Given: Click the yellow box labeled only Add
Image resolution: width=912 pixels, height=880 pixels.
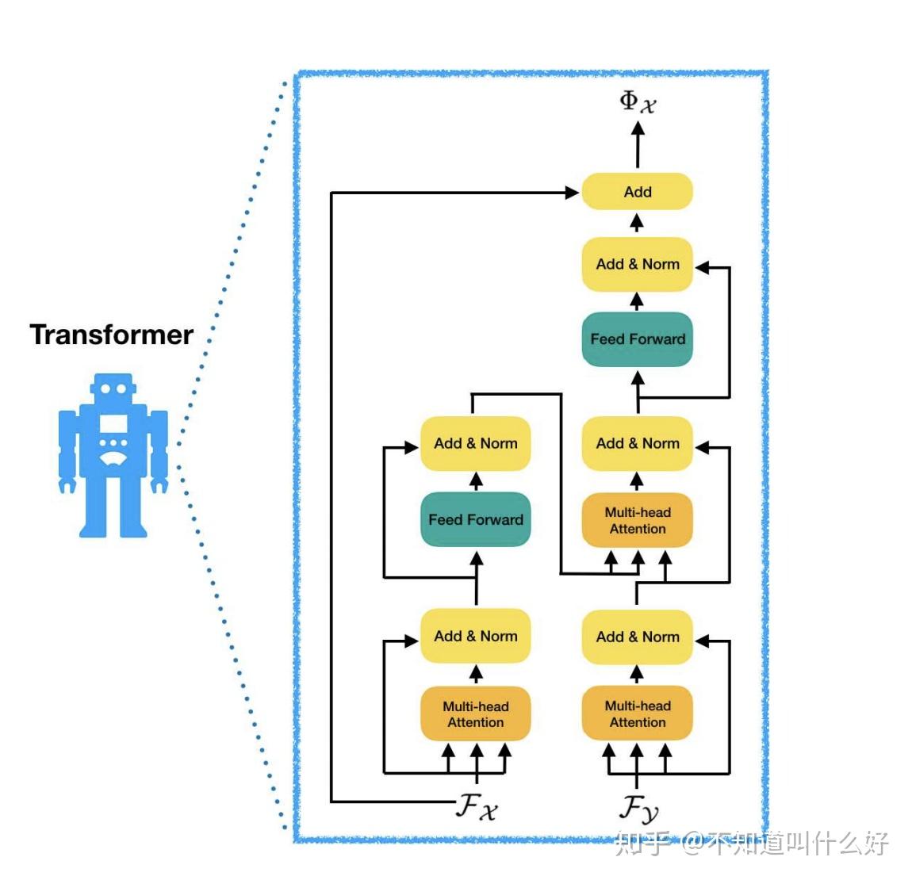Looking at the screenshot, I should [x=637, y=192].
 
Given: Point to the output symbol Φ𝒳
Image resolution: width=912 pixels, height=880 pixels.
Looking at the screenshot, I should [x=638, y=101].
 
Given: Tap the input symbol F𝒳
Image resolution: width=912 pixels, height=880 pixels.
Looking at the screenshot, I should [x=477, y=808].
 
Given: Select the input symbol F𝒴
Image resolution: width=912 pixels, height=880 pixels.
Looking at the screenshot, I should [x=638, y=809].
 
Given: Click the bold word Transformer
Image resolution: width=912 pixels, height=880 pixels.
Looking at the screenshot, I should [x=112, y=335].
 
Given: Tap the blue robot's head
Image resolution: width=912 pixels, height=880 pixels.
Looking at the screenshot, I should [x=112, y=388].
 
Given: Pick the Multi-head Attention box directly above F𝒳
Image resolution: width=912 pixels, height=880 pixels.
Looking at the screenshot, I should [x=475, y=714].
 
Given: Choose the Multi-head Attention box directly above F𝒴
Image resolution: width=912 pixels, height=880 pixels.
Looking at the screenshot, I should [x=638, y=714].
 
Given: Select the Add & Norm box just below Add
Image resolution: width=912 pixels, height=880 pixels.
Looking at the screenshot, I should [x=638, y=264].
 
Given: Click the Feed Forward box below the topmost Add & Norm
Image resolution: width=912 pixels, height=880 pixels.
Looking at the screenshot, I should [x=638, y=339].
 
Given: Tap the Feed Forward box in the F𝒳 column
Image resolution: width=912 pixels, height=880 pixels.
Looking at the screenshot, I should [x=475, y=520].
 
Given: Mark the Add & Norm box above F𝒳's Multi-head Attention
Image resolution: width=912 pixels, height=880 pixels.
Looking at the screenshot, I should [x=475, y=637].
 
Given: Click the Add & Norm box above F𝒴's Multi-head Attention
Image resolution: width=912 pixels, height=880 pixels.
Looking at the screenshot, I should [x=638, y=637].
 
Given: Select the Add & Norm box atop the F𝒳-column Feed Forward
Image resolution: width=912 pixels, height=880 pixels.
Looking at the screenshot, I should [x=475, y=444].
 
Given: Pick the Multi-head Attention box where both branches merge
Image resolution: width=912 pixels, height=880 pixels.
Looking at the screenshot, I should [x=638, y=521].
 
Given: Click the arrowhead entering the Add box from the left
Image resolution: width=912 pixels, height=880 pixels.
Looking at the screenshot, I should [x=572, y=192].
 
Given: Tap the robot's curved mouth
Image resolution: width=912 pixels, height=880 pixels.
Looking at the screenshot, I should [x=113, y=458].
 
